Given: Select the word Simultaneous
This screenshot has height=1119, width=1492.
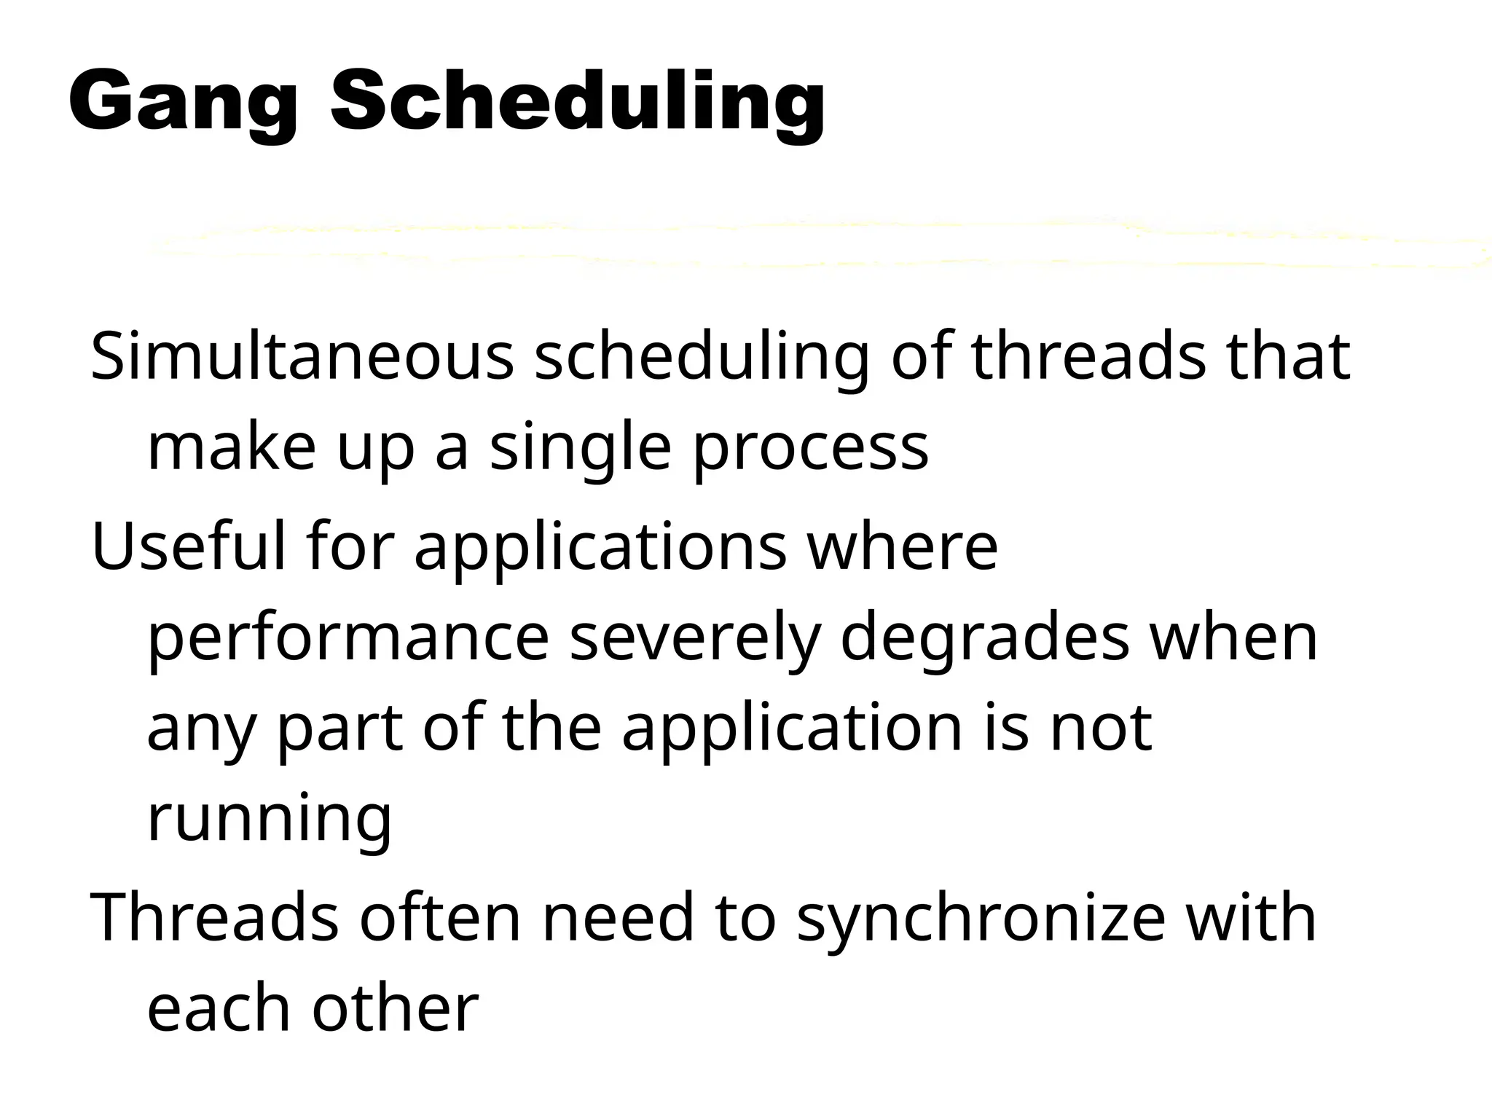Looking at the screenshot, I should coord(302,357).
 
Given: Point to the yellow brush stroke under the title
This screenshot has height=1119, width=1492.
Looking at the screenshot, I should coord(816,244).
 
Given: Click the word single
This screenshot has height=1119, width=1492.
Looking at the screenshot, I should coord(580,447).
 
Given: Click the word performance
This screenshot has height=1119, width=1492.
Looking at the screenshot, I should coord(348,638).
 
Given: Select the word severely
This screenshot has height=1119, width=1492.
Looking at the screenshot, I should coord(695,638).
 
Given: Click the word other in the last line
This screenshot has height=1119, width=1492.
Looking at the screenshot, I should coord(396,1008).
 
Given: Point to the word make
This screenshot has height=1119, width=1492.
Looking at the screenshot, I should coord(232,447).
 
